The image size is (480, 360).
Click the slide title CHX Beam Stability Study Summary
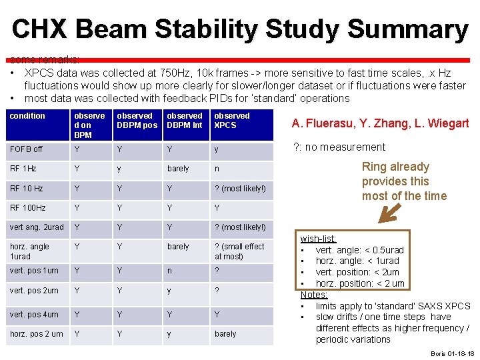(x=240, y=29)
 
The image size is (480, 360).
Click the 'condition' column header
(x=27, y=116)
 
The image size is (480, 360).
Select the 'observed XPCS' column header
(x=231, y=120)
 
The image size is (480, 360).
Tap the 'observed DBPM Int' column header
(x=184, y=120)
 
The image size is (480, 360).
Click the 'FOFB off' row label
(x=26, y=149)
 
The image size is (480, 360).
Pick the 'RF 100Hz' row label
(x=28, y=207)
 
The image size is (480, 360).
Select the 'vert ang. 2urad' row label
(x=37, y=227)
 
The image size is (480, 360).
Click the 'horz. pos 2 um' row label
(x=37, y=333)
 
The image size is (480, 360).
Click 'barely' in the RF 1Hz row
(x=178, y=169)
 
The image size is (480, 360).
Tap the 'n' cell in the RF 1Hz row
(x=217, y=169)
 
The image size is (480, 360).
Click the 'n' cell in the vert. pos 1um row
(x=169, y=271)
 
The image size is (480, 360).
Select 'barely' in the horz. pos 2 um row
(x=225, y=333)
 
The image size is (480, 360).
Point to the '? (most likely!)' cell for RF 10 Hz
(x=240, y=189)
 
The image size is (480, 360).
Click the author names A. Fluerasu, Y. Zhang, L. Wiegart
(x=380, y=123)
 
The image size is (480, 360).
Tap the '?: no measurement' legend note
(x=339, y=147)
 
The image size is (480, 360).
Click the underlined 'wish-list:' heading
(x=318, y=239)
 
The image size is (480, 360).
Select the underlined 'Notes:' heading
(x=313, y=295)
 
